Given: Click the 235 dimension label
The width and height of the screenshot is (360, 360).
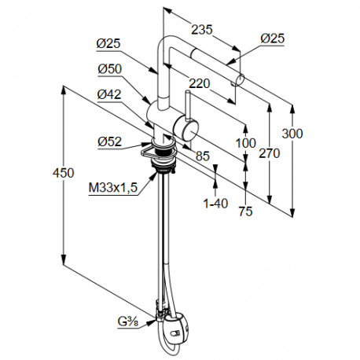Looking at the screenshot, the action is tap(201, 30).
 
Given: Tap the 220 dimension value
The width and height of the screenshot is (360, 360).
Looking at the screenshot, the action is tap(200, 83).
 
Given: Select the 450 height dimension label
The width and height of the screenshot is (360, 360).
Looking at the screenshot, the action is tap(64, 173).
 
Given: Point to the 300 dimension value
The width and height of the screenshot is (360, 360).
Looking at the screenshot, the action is tap(292, 134).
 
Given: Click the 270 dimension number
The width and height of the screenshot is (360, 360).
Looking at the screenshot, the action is tap(270, 153).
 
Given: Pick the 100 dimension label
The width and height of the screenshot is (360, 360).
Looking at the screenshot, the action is tap(245, 143).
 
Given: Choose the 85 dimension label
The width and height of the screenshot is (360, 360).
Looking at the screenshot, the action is tap(203, 156).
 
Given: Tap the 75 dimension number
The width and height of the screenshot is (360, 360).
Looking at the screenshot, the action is tap(245, 211).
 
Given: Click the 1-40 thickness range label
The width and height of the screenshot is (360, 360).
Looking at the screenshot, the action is tap(216, 204).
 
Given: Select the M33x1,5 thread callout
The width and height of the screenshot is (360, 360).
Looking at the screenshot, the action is tap(113, 188).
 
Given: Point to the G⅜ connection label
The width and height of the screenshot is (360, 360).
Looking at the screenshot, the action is tap(128, 321).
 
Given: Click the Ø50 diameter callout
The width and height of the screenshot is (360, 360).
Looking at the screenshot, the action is tap(110, 69).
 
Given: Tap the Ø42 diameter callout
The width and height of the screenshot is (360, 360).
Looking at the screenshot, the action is tap(109, 94).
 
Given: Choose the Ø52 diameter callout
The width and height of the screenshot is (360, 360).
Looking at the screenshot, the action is tap(110, 141).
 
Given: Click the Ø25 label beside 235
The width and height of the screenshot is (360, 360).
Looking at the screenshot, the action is tap(273, 39).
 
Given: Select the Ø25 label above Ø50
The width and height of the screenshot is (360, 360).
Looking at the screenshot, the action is tap(108, 43).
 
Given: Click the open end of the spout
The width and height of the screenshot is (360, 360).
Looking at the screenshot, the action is tap(241, 79).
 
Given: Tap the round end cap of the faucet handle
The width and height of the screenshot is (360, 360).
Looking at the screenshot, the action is tap(190, 131).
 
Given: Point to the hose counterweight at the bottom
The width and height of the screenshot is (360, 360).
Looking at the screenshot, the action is tap(176, 329).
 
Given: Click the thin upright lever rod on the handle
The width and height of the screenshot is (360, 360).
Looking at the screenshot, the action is tap(188, 105).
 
